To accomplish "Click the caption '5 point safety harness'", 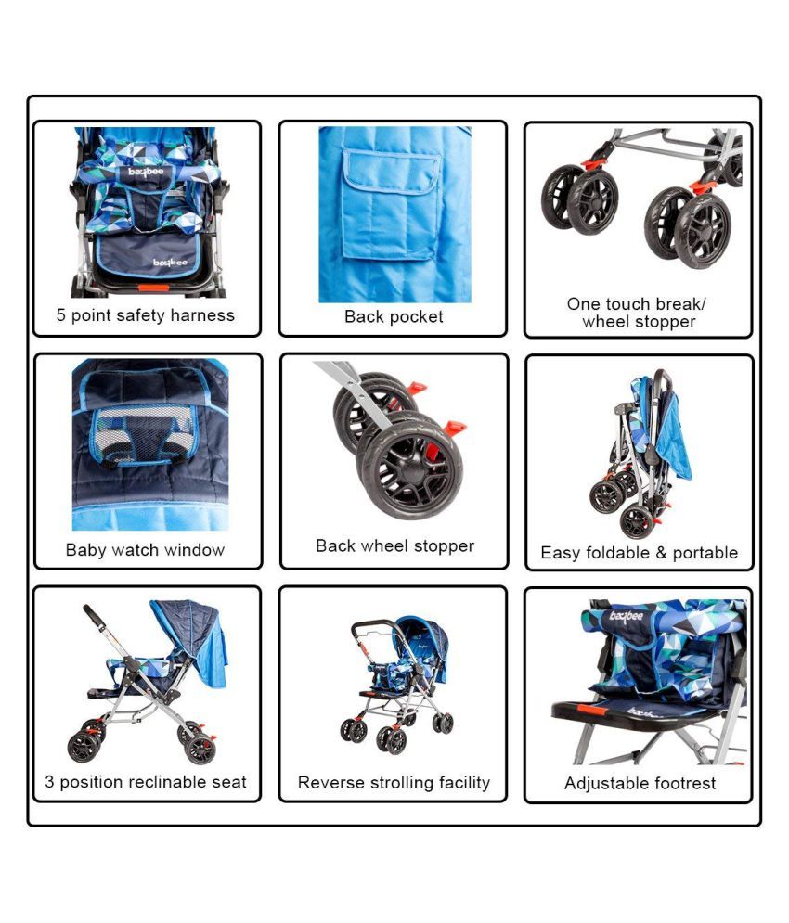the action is click(145, 315).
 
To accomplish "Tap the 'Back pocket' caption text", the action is click(394, 316).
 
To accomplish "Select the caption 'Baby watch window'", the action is click(145, 550).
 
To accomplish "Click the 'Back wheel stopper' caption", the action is click(394, 546).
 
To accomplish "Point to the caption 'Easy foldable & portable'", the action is click(640, 553).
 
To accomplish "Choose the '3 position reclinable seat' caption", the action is click(146, 782).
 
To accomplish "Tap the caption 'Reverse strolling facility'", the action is click(394, 782).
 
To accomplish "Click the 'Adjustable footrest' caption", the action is click(640, 783).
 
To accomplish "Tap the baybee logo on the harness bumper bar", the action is click(146, 172).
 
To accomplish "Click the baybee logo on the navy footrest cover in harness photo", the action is click(170, 263).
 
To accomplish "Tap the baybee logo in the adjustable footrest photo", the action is click(626, 616).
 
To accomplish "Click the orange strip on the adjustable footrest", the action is click(592, 709).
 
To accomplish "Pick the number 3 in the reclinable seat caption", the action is click(49, 782).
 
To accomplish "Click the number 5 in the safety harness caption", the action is click(60, 314).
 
